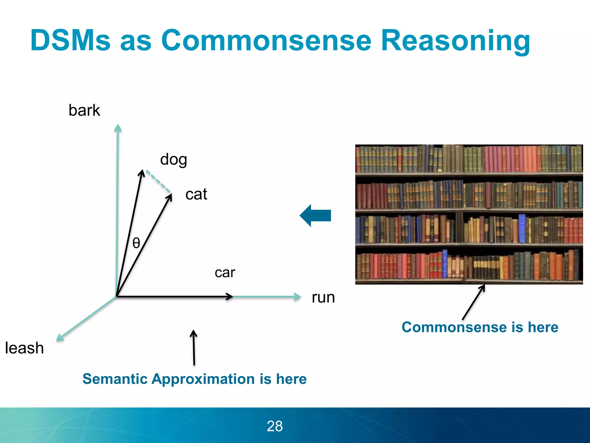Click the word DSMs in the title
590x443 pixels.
click(x=70, y=40)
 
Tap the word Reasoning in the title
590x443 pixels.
click(x=455, y=41)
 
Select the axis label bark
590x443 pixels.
click(x=84, y=110)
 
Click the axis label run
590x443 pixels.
click(x=323, y=298)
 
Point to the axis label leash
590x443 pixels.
click(x=24, y=348)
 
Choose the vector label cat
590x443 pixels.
click(x=196, y=194)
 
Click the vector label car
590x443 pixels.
click(x=225, y=273)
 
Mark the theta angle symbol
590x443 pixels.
click(x=136, y=243)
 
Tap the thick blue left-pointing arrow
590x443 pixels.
click(x=315, y=215)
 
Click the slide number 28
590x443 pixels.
click(x=275, y=426)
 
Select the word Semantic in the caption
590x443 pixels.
click(x=114, y=379)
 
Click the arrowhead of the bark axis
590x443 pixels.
click(x=118, y=128)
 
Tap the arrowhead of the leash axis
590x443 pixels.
click(x=60, y=338)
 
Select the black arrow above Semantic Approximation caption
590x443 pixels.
click(x=194, y=348)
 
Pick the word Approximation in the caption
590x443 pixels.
click(x=203, y=379)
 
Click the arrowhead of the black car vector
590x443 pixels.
click(x=230, y=296)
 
